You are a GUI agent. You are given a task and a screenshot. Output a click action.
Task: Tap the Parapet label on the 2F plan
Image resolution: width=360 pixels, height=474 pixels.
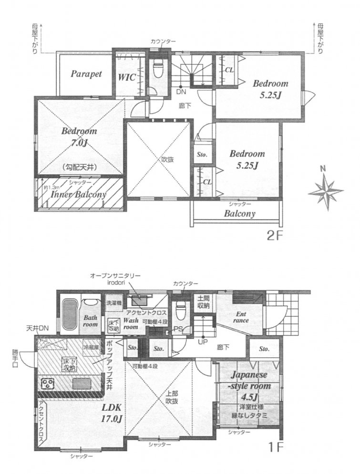coord(87,74)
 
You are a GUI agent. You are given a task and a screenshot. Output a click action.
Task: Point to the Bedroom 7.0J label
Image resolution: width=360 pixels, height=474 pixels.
coord(79,136)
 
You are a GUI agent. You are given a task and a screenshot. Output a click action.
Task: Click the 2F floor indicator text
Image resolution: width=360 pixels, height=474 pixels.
coord(275,236)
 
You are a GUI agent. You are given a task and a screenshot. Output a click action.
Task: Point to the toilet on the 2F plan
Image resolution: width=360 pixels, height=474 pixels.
coord(157,70)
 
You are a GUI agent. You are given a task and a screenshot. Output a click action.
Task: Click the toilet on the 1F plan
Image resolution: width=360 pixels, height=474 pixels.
coord(180,313)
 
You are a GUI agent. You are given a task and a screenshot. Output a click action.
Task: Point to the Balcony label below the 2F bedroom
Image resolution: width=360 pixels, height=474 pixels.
coord(240,214)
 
